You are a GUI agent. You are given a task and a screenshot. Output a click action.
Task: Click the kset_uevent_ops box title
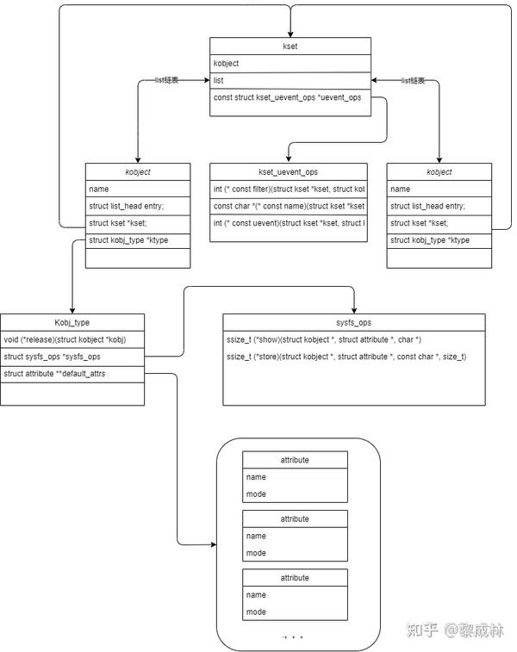(288, 171)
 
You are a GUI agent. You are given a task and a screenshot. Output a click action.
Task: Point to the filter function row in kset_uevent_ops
(288, 189)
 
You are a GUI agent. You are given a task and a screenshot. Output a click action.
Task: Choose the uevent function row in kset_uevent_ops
(288, 224)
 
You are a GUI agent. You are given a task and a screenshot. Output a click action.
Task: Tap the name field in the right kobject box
(439, 189)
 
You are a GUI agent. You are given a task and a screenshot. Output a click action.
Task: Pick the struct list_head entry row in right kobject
(439, 206)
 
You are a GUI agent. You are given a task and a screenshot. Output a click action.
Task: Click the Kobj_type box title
(72, 321)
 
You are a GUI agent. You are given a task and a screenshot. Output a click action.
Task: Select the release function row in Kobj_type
(72, 338)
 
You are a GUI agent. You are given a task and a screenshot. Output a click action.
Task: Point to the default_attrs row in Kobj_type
(72, 373)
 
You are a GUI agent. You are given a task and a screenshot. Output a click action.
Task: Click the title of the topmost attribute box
(295, 460)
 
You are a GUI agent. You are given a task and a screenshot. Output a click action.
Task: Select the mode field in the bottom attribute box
(295, 612)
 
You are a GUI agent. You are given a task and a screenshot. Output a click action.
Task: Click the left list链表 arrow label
(166, 80)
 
